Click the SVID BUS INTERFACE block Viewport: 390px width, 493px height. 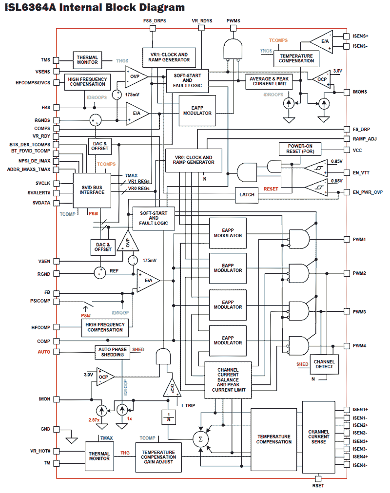(x=92, y=189)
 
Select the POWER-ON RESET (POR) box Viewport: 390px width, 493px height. (x=299, y=149)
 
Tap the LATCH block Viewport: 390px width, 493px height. (x=247, y=194)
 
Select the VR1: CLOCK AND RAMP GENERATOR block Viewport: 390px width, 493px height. (x=169, y=57)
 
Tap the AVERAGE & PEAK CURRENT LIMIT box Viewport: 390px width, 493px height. (x=269, y=81)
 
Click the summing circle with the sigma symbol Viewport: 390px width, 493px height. (x=199, y=439)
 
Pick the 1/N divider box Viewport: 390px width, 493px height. (x=167, y=416)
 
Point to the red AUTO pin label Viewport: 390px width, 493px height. (x=44, y=351)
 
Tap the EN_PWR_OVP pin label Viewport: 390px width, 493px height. (x=368, y=192)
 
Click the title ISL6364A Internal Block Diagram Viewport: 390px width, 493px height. (x=95, y=7)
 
